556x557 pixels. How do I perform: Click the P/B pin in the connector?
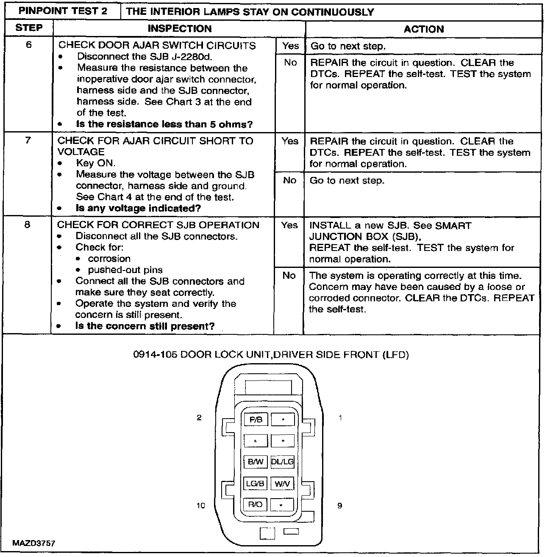point(256,420)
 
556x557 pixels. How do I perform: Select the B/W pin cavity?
point(256,462)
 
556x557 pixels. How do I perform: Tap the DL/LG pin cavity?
point(282,462)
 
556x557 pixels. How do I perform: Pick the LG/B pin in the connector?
point(256,483)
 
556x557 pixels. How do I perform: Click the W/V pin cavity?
point(282,483)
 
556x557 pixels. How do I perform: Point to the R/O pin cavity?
point(256,505)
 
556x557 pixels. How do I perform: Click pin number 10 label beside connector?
point(201,505)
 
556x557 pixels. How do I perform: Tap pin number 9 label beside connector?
point(339,505)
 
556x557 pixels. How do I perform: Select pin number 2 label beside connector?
point(199,418)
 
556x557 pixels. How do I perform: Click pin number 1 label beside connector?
point(340,418)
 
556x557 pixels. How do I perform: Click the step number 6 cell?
point(28,44)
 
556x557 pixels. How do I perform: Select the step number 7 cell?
point(28,140)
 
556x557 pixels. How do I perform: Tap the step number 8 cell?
point(28,224)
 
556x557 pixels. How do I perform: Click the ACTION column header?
point(423,29)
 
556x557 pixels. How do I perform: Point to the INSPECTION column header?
point(179,29)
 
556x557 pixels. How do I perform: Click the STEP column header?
point(29,28)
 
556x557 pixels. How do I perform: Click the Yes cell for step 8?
point(289,225)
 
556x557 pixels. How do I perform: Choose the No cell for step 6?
point(290,63)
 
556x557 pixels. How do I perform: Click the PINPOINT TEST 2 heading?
point(63,11)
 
